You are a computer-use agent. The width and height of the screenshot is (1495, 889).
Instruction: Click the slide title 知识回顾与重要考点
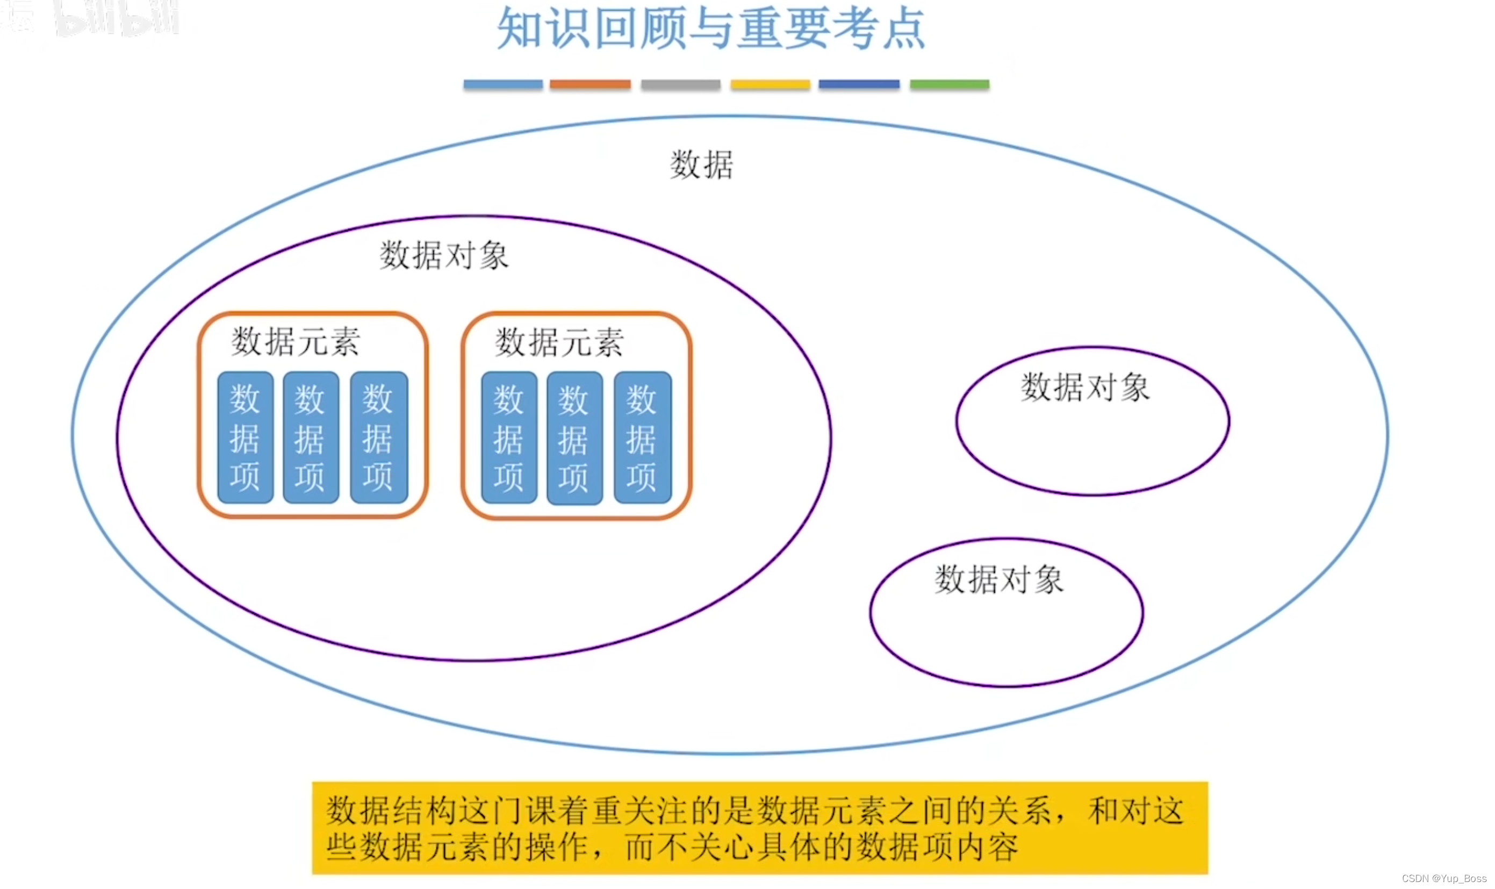(x=711, y=28)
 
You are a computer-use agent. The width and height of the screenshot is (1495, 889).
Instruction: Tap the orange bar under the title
(x=590, y=84)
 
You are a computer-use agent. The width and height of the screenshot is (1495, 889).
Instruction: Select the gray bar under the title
(x=680, y=84)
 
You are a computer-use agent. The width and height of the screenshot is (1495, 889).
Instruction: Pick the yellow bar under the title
(x=770, y=84)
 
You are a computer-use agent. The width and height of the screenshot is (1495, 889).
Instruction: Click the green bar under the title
(x=950, y=84)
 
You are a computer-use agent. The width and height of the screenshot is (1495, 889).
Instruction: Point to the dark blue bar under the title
(x=859, y=84)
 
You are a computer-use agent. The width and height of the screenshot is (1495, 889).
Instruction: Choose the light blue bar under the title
(x=503, y=84)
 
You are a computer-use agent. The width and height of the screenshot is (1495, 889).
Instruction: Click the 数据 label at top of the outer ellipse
(x=701, y=165)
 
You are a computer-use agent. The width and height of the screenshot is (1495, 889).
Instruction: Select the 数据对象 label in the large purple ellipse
(x=444, y=256)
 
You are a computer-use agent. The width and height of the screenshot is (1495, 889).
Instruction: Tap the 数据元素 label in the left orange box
(x=296, y=342)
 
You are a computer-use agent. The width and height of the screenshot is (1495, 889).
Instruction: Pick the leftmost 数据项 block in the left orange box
(x=245, y=438)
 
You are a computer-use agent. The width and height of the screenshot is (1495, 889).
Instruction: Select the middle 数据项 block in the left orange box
(x=310, y=438)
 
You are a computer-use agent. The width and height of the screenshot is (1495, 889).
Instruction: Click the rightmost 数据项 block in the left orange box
(x=378, y=438)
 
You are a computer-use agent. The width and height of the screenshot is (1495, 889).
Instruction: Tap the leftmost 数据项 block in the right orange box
(x=509, y=438)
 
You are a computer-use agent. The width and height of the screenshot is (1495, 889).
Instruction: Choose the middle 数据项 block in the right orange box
(x=574, y=438)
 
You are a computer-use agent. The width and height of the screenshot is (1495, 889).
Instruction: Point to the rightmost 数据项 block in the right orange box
(x=642, y=438)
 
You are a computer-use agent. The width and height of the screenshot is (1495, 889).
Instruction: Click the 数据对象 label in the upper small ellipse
(x=1086, y=387)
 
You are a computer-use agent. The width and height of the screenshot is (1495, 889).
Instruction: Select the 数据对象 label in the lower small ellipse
(x=999, y=579)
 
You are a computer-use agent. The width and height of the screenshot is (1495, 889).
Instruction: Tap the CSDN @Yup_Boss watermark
(x=1444, y=878)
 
